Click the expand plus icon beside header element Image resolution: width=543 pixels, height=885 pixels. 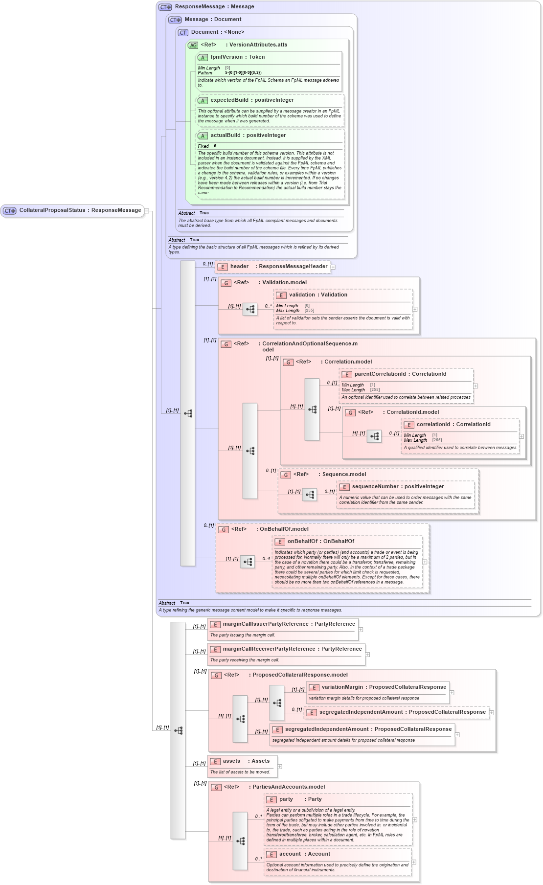[x=333, y=267]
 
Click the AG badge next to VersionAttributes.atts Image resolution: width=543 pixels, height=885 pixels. [x=193, y=45]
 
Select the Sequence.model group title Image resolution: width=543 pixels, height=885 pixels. [x=343, y=475]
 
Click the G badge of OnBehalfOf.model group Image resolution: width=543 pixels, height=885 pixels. [x=224, y=530]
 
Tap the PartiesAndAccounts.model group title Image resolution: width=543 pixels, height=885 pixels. [x=288, y=787]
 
